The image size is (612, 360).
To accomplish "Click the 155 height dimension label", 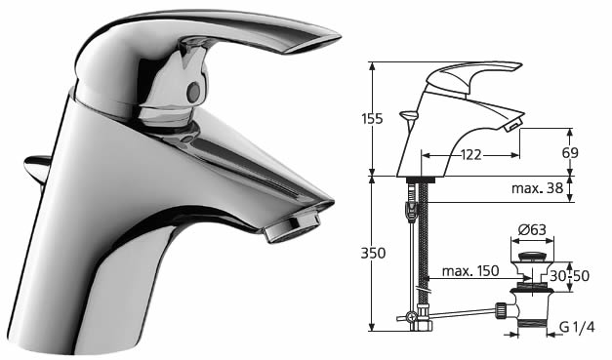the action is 372,119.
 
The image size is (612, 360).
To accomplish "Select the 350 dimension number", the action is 373,254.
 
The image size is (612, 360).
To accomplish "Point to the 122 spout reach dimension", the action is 470,155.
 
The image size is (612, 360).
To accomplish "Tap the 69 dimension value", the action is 570,153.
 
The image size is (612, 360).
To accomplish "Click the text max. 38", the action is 538,188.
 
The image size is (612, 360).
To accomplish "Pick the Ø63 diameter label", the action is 532,229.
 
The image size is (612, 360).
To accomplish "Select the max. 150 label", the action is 470,270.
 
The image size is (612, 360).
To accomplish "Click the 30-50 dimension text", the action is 569,276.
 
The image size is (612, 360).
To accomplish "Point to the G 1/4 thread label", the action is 577,327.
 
